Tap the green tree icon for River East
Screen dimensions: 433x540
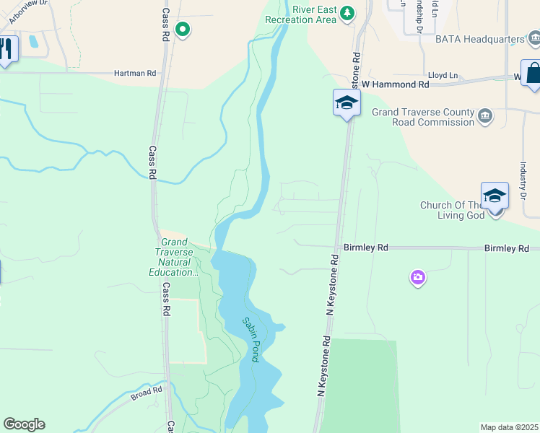click(348, 12)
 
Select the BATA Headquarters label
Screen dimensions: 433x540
click(480, 38)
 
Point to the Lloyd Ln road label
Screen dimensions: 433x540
click(443, 75)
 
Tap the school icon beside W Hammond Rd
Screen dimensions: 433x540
click(347, 102)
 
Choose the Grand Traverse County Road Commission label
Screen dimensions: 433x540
click(423, 117)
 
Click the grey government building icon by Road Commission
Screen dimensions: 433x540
click(484, 115)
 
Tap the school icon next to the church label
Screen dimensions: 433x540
click(495, 196)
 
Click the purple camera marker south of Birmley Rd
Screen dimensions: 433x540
click(417, 277)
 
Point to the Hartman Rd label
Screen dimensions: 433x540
click(135, 73)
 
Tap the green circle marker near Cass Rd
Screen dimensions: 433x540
click(183, 30)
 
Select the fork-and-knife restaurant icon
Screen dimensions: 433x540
click(6, 49)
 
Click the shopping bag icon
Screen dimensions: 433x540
click(534, 74)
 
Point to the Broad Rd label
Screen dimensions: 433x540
click(147, 393)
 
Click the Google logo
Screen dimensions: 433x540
click(24, 424)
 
